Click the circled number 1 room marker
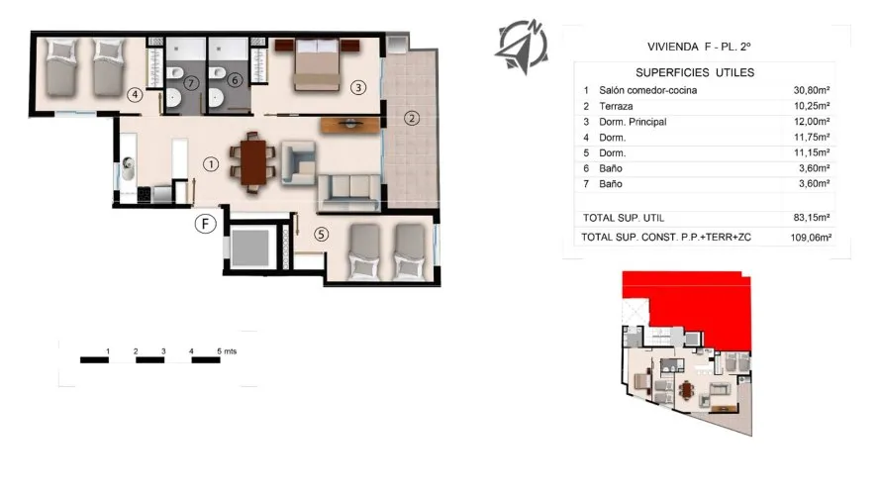point(210,163)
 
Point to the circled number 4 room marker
point(136,95)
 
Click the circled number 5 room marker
point(321,235)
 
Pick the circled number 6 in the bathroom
point(235,81)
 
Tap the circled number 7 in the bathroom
point(190,82)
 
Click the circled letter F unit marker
point(205,224)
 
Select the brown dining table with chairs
point(253,161)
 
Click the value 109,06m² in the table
point(809,238)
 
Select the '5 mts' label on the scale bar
point(225,351)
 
